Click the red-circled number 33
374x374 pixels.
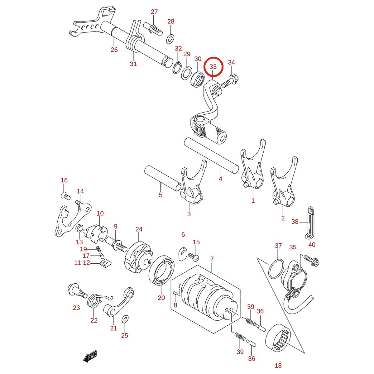point(213,67)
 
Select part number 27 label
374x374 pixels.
point(154,12)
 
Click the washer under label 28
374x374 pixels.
point(170,38)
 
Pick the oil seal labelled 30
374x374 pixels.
point(197,79)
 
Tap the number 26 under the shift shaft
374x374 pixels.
point(114,50)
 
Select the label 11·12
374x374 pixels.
point(82,263)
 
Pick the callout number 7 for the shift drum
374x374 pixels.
point(212,259)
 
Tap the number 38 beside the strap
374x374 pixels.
point(295,222)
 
